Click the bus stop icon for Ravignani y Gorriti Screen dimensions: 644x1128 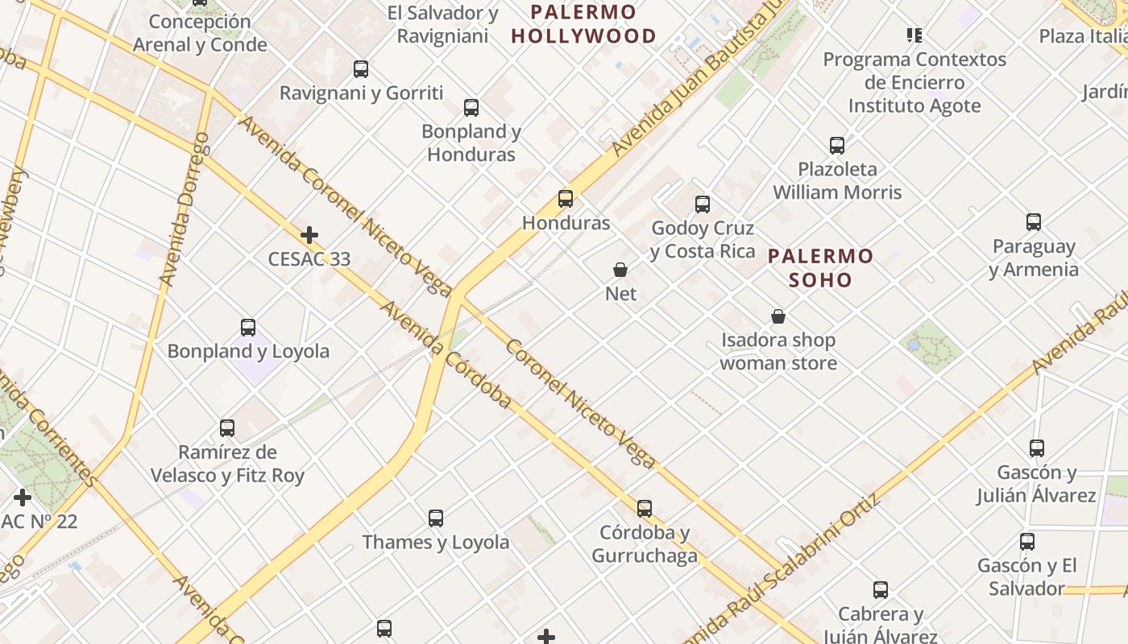click(361, 69)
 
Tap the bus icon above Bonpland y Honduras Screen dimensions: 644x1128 click(471, 108)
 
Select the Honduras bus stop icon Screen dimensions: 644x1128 click(566, 199)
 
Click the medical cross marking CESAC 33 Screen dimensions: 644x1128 click(309, 235)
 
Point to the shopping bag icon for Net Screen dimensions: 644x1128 click(620, 270)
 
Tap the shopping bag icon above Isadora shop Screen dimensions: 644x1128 click(778, 316)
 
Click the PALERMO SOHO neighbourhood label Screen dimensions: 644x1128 click(820, 268)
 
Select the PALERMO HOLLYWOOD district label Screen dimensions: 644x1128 click(583, 24)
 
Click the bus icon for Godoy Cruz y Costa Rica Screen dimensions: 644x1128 click(703, 204)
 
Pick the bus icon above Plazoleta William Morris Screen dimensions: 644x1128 click(837, 146)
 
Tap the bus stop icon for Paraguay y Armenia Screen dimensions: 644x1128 click(1034, 222)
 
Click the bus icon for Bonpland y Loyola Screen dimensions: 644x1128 click(248, 328)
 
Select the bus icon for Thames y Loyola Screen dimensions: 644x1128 click(436, 518)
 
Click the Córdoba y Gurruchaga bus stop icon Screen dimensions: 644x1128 click(645, 509)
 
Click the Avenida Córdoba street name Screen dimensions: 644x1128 click(446, 355)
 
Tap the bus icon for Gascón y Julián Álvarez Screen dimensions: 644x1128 click(1037, 448)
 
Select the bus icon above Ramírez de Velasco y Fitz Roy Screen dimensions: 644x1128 click(227, 428)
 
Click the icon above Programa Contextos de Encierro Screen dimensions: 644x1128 click(914, 35)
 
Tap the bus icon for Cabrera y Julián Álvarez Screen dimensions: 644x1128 click(881, 590)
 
